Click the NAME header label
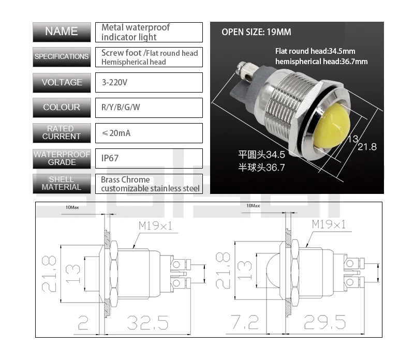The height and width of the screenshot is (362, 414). tap(61, 32)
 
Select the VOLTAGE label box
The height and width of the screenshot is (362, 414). tap(62, 82)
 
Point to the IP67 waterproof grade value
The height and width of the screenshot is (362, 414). tap(110, 158)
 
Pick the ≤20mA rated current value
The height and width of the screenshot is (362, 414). tap(116, 133)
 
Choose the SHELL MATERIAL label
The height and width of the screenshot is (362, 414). tap(61, 183)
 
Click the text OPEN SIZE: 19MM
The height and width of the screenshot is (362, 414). tap(256, 32)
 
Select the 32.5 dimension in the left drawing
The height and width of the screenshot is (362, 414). tap(148, 324)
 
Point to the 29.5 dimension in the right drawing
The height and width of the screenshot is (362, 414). tap(325, 324)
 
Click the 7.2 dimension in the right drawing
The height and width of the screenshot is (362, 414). tap(245, 324)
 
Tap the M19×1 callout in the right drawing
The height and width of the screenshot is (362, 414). tap(329, 224)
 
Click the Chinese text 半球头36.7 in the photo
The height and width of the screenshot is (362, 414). tap(261, 167)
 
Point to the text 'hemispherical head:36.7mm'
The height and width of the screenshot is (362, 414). tap(321, 62)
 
